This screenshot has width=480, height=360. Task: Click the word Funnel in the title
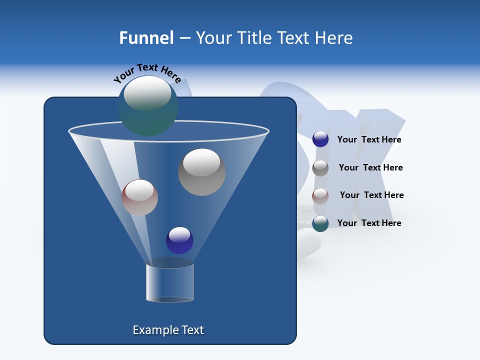click(x=146, y=38)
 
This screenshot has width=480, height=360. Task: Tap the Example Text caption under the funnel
click(x=168, y=330)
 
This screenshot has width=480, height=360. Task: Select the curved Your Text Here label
click(x=147, y=72)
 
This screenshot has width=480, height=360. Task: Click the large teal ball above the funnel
click(x=147, y=106)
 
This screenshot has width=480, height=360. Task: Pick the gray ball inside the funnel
click(x=201, y=172)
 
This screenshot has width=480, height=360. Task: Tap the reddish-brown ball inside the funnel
click(x=139, y=197)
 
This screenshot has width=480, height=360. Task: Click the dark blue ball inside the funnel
click(x=179, y=240)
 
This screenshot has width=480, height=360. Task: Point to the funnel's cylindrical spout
click(x=170, y=282)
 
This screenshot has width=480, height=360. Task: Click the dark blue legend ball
click(x=320, y=139)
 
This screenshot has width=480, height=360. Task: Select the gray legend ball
click(x=320, y=168)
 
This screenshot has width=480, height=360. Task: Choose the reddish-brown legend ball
click(x=320, y=195)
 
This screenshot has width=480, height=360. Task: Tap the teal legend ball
click(x=320, y=223)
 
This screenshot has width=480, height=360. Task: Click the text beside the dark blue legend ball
click(x=369, y=140)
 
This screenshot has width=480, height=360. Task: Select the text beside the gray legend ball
click(x=370, y=168)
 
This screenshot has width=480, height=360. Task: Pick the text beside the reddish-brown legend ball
click(x=371, y=195)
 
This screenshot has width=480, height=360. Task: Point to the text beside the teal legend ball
click(x=369, y=223)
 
